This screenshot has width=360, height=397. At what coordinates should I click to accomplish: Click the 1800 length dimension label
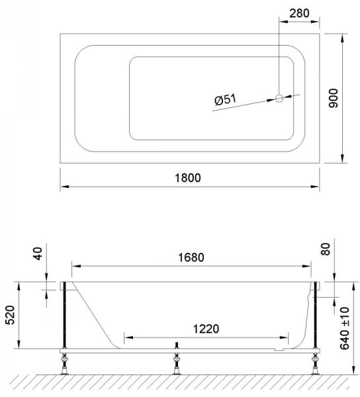click(x=187, y=177)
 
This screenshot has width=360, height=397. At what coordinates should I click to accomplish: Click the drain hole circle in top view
click(x=279, y=99)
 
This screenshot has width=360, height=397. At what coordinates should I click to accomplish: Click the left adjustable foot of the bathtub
click(x=65, y=362)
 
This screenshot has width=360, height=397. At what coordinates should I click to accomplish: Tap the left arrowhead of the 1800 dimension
click(x=64, y=186)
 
